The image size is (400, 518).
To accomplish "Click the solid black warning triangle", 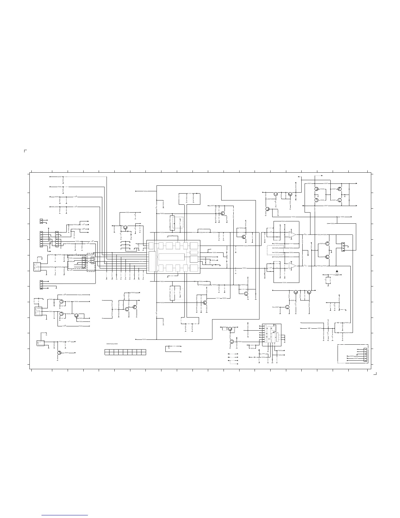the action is click(337, 271).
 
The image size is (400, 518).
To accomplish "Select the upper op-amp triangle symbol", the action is click(292, 234).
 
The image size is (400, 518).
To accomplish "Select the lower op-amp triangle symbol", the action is click(292, 266).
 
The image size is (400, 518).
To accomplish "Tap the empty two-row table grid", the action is click(125, 352).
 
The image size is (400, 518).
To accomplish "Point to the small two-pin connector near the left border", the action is click(41, 221).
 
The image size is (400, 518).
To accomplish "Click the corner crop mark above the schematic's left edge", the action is click(25, 151).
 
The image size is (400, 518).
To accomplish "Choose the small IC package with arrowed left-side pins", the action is click(272, 335).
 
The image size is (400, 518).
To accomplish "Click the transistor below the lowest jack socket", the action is click(59, 353).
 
